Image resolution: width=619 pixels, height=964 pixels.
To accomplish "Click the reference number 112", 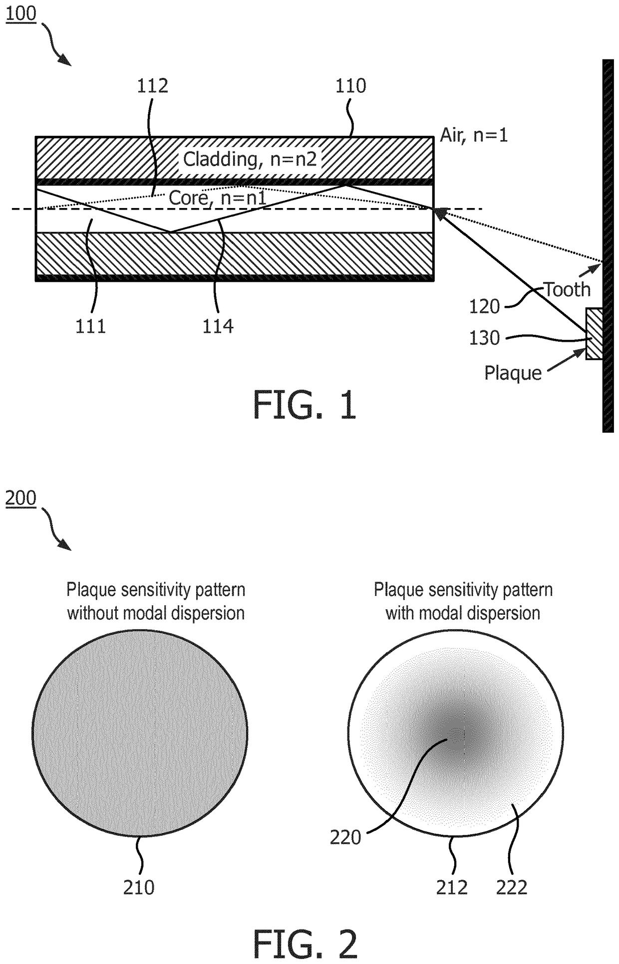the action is tap(153, 86).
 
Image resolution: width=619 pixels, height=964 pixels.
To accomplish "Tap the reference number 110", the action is tap(350, 86).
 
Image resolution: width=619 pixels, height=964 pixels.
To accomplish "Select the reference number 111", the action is tap(91, 326).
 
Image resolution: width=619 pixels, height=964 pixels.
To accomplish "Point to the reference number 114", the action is tap(218, 326).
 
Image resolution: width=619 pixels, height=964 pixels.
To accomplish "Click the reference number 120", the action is tap(484, 306).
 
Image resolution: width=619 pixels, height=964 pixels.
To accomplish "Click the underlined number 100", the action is tap(21, 13).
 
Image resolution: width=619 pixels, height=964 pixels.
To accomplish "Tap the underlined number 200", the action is tap(21, 498).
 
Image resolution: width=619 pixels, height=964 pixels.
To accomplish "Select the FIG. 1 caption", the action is tap(305, 405).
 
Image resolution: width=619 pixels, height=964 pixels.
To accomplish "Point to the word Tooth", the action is tap(567, 289).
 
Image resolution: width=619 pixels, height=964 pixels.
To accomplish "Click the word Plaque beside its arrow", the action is tap(513, 373).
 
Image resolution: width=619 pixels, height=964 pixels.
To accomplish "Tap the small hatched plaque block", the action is tap(594, 334).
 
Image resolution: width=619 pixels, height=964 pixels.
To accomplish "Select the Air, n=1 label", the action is tap(474, 135).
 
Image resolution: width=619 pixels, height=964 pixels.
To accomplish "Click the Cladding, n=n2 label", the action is tap(250, 159).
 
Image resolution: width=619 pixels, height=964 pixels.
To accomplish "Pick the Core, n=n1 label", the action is tap(217, 198).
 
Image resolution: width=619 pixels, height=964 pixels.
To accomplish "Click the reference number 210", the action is tap(139, 887).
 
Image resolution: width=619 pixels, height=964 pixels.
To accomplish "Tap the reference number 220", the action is tap(345, 837).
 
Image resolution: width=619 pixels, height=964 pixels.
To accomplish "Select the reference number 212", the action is tap(452, 887).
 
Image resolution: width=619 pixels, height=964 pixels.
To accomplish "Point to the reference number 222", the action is tap(512, 887).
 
